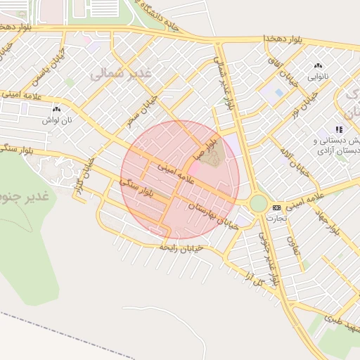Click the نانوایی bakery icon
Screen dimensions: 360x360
pyautogui.click(x=316, y=65)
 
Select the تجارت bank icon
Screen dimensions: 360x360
pyautogui.click(x=276, y=207)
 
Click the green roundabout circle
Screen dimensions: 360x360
pyautogui.click(x=258, y=203)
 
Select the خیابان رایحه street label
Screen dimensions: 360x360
pyautogui.click(x=181, y=247)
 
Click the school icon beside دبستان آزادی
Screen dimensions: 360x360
pyautogui.click(x=338, y=129)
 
